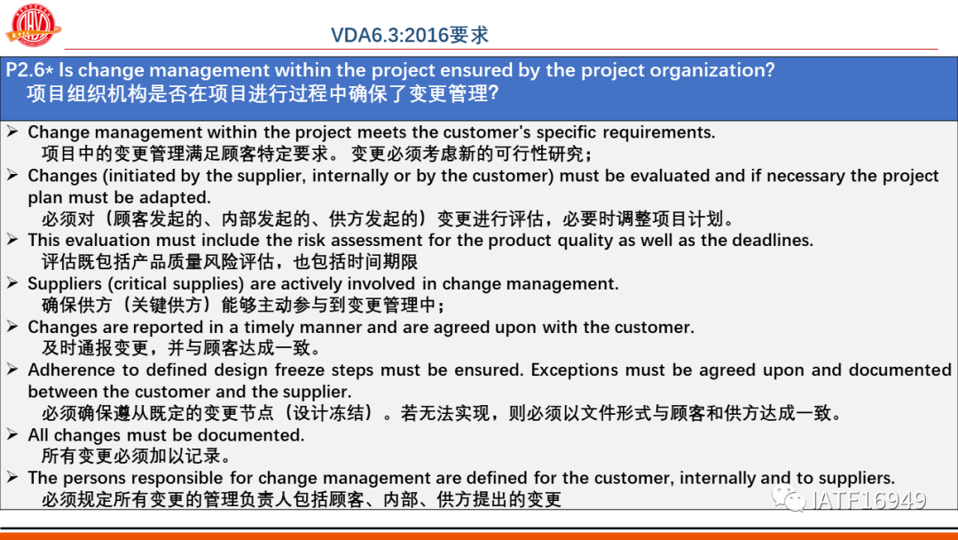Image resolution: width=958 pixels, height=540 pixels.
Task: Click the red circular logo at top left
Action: click(33, 25)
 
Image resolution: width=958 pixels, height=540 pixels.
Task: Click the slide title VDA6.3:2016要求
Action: click(409, 35)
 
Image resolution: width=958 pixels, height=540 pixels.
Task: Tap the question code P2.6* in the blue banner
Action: click(29, 69)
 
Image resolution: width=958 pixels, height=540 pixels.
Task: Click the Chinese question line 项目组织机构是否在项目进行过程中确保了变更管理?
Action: click(263, 93)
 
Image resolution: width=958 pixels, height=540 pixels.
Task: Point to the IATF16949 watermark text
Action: click(868, 500)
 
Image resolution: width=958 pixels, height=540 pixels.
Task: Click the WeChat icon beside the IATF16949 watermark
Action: click(789, 498)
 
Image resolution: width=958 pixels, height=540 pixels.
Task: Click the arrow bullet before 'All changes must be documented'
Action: click(12, 435)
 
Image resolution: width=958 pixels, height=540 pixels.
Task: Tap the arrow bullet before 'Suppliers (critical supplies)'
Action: click(12, 283)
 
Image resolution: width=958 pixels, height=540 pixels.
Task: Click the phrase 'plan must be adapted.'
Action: click(119, 197)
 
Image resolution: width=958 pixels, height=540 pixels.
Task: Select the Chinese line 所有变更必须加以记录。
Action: click(137, 457)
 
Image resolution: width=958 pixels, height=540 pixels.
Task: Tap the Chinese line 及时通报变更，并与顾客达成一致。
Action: click(182, 348)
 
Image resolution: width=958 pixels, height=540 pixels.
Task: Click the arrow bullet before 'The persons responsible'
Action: click(12, 478)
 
